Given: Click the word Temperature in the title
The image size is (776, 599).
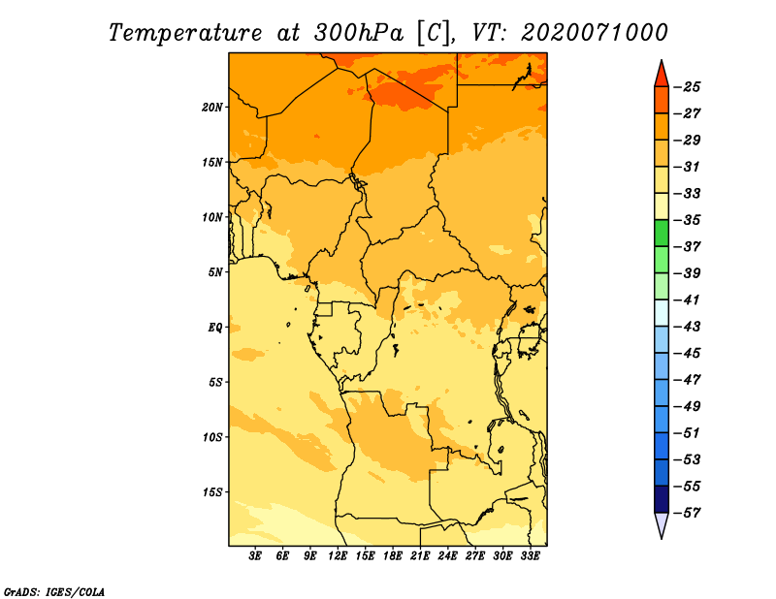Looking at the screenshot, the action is click(185, 33).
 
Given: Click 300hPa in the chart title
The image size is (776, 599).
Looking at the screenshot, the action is click(359, 33).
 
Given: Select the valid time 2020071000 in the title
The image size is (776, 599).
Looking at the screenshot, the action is click(595, 33).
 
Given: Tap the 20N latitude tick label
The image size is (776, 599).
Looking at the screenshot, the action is click(212, 108).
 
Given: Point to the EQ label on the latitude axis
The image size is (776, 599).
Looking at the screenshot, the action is click(215, 328).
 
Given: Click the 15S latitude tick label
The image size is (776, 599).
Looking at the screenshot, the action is click(212, 492).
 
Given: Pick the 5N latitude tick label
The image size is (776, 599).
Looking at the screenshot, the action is click(215, 272).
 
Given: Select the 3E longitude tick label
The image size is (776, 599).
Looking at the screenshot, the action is click(255, 556).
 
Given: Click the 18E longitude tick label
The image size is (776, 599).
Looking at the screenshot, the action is click(393, 556).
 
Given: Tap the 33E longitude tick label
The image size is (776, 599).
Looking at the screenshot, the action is click(530, 556).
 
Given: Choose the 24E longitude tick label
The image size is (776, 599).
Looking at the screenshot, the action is click(447, 556).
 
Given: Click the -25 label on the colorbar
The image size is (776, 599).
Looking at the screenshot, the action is click(687, 87).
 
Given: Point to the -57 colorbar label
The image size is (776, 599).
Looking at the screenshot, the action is click(687, 513).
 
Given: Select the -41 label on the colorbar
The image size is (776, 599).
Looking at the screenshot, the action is click(687, 300).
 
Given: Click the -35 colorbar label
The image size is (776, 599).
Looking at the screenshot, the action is click(687, 220).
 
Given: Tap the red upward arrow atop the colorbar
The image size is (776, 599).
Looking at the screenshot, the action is click(662, 75).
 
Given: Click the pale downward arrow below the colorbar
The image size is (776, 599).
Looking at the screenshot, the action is click(662, 525).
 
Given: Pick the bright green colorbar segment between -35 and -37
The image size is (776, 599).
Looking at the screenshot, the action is click(662, 234).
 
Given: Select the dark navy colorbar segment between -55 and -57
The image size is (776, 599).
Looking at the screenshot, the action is click(662, 499).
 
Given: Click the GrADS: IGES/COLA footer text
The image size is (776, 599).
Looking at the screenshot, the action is click(54, 592).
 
